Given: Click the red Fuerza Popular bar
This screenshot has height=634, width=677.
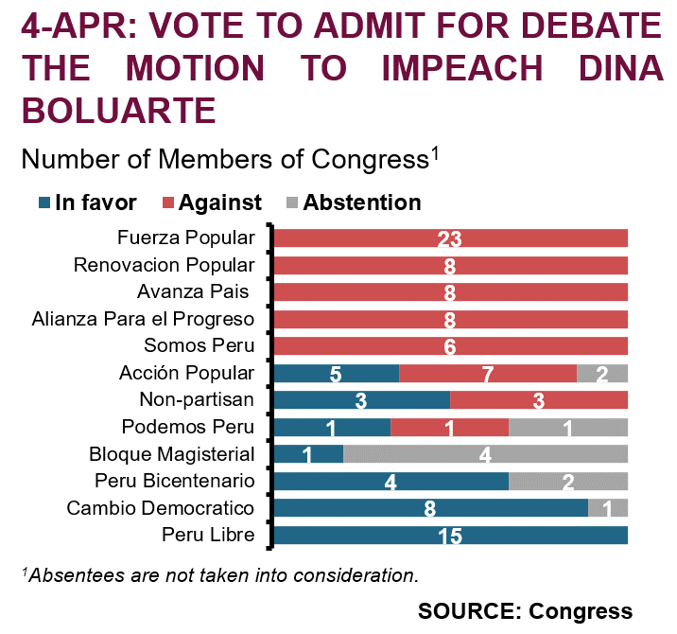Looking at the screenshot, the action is coord(451,238).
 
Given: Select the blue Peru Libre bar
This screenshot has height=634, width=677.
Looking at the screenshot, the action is coord(451,535).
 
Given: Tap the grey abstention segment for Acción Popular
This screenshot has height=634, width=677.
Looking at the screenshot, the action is coord(602,374).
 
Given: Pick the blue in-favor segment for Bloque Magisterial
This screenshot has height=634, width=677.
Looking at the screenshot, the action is coord(308,454).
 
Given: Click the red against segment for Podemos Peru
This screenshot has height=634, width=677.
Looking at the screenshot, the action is coord(449,428).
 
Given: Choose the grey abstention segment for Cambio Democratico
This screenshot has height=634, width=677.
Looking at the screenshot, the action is coord(608,508).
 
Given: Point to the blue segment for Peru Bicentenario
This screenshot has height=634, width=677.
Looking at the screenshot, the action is coord(391,482).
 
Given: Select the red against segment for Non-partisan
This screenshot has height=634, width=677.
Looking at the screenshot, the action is coord(539,400).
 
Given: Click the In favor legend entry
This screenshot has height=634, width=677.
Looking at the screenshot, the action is coord(88,203).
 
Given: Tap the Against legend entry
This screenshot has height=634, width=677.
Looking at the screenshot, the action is coord(212,203).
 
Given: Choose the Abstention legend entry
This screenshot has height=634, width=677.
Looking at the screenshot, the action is coord(354,203).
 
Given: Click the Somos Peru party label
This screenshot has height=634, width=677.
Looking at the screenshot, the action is coord(200,345).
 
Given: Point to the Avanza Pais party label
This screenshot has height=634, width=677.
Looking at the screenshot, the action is coord(193,291).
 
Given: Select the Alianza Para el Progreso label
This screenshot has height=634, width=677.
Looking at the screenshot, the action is coord(143,319).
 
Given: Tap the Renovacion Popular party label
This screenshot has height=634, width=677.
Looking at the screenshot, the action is coord(165,265).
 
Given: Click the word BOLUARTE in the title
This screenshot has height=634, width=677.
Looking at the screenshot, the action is coord(119,110).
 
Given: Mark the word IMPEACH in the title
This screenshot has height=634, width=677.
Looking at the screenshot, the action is coord(462,68).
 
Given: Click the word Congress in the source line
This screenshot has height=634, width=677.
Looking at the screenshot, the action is coord(581,611).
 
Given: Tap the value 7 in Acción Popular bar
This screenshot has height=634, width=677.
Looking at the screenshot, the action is coord(488,374).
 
